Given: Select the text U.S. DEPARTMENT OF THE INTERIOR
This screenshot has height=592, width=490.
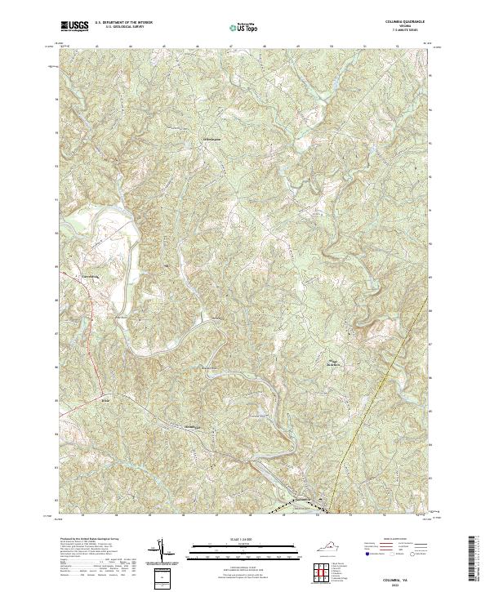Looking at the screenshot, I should pos(123,23).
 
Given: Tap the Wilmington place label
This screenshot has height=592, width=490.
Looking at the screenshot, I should pos(210,130).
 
